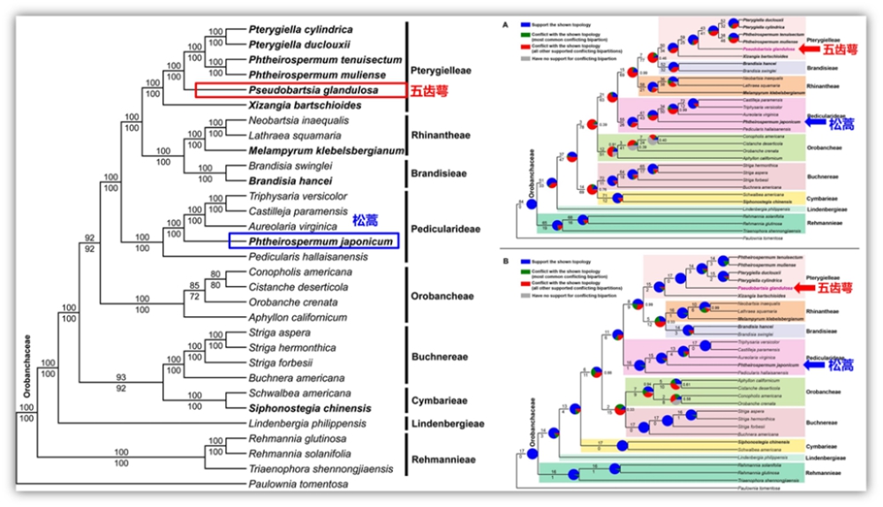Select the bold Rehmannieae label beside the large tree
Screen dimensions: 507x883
pyautogui.click(x=447, y=459)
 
